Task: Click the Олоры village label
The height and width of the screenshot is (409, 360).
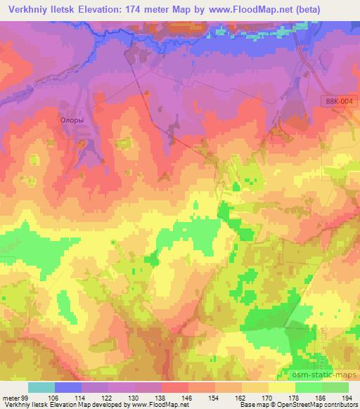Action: point(72,120)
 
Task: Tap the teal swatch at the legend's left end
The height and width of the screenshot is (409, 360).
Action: point(41,387)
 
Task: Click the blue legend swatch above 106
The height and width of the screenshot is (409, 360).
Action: point(68,387)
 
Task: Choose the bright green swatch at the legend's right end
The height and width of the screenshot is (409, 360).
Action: point(335,387)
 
